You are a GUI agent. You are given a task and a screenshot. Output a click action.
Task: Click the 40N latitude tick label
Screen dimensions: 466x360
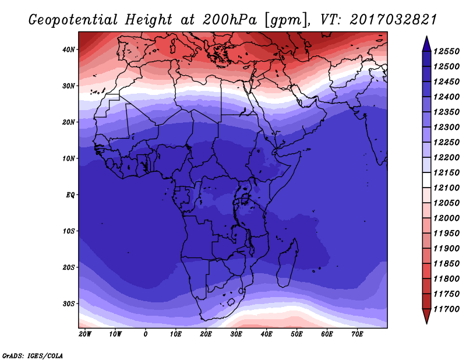click(68, 50)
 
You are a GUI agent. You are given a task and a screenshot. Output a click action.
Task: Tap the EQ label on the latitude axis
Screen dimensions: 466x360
click(70, 195)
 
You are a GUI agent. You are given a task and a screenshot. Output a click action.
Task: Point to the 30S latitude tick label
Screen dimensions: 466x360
click(68, 304)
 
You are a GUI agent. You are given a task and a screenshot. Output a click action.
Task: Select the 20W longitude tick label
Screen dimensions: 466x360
click(85, 334)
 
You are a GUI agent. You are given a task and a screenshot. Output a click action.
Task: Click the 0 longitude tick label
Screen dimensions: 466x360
click(145, 334)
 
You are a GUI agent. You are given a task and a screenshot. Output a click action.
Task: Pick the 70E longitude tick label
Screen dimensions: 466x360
click(357, 334)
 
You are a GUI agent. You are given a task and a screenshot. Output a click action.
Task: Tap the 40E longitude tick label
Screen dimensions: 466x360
click(266, 334)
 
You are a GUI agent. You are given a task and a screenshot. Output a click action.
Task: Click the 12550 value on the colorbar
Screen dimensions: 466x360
click(447, 51)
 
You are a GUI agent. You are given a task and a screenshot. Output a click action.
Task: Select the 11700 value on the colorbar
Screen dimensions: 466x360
click(447, 309)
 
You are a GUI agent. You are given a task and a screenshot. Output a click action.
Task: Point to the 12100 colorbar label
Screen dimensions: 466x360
click(447, 188)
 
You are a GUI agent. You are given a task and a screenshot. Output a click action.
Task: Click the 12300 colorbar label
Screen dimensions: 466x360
click(447, 127)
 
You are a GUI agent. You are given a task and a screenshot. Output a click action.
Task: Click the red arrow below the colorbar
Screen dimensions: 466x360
click(426, 316)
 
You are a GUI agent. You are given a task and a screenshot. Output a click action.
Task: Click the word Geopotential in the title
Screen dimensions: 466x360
click(73, 20)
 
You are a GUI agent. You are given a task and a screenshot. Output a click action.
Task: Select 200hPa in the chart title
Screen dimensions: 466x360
click(230, 20)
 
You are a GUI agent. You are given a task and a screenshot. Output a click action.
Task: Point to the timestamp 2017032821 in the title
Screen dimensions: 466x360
click(393, 20)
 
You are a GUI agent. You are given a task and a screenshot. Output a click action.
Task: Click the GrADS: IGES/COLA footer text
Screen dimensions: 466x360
click(33, 356)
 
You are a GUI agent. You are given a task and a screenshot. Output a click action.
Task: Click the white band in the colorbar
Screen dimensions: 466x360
click(426, 180)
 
